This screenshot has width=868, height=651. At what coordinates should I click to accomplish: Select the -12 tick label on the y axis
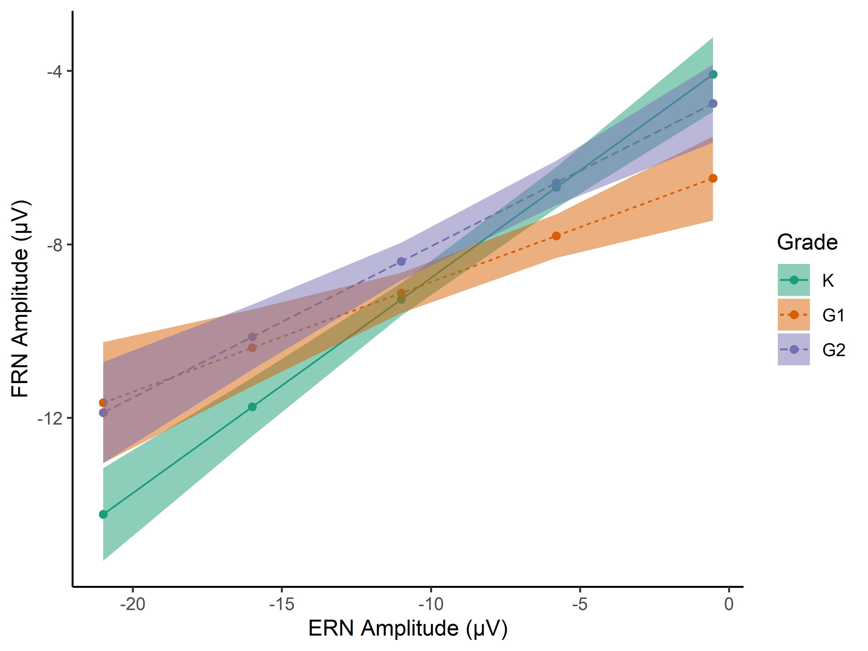tap(50, 419)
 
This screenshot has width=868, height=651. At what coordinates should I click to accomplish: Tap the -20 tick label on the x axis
tap(133, 604)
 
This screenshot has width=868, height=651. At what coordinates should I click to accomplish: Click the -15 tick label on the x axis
tap(282, 604)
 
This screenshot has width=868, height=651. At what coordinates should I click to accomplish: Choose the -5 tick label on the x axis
tap(580, 604)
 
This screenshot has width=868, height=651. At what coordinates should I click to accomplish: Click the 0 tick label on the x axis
tap(729, 604)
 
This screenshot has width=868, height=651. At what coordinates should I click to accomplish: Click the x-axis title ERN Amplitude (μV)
tap(408, 628)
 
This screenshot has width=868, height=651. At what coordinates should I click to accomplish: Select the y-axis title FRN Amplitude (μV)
tap(20, 299)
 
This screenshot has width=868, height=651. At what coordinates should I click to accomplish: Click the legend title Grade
tap(807, 242)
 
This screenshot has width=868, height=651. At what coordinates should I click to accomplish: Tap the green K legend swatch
tap(793, 280)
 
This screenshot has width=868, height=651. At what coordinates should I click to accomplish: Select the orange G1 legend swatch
tap(793, 315)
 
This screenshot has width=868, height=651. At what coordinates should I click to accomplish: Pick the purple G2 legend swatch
tap(793, 349)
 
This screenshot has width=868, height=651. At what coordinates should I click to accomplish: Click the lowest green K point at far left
tap(103, 514)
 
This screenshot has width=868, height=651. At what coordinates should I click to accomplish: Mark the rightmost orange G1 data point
tap(713, 178)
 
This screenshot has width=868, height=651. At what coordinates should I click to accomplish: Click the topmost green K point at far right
tap(713, 75)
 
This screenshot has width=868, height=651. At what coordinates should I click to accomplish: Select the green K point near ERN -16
tap(252, 407)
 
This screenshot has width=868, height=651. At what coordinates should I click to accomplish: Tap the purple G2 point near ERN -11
tap(401, 261)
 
